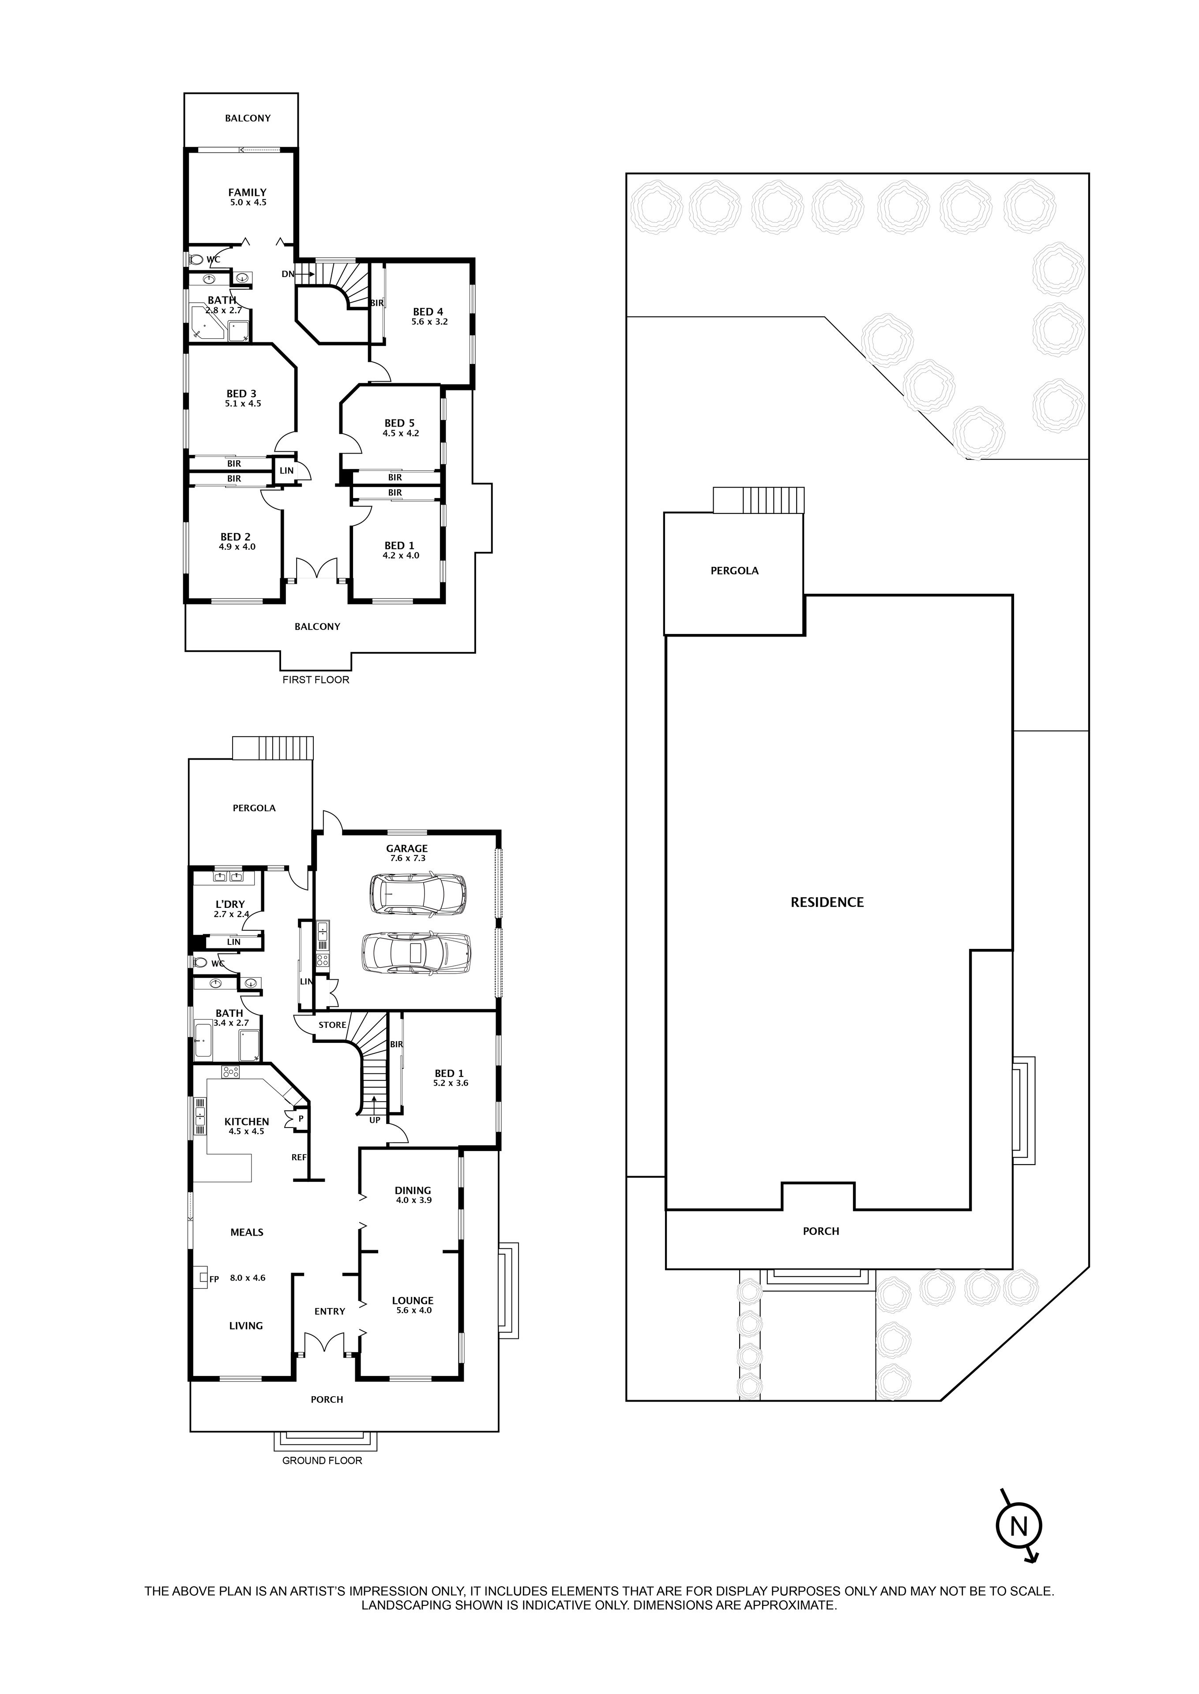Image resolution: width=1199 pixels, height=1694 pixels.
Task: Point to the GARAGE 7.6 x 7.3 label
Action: coord(407,853)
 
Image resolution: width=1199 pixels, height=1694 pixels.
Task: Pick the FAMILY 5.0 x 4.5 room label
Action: coord(247,196)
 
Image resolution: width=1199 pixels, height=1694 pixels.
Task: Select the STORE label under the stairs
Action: coord(332,1024)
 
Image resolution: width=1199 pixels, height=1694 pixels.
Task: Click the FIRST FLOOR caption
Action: coord(316,679)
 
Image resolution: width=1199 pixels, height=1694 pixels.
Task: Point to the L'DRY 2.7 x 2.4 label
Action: coord(229,909)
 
